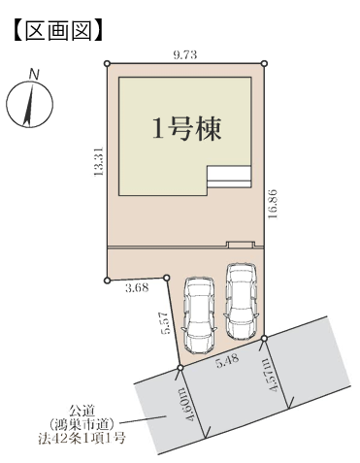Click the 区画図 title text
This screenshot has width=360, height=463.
58,31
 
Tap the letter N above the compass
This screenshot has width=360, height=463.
34,75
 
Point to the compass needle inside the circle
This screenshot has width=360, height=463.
28,105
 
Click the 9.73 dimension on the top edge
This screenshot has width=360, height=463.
185,55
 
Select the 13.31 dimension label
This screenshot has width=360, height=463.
98,161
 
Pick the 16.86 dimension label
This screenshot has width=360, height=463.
274,204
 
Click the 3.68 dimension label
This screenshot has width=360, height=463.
137,287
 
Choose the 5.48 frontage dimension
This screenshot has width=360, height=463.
228,360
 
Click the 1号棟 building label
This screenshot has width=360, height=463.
187,129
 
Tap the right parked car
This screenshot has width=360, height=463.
242,302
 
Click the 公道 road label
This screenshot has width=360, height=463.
82,412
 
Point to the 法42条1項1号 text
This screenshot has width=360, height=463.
82,439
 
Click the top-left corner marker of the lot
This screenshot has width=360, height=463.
108,63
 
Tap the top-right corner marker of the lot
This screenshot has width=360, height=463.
264,63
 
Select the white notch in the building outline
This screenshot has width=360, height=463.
229,177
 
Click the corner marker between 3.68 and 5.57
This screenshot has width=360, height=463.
167,278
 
